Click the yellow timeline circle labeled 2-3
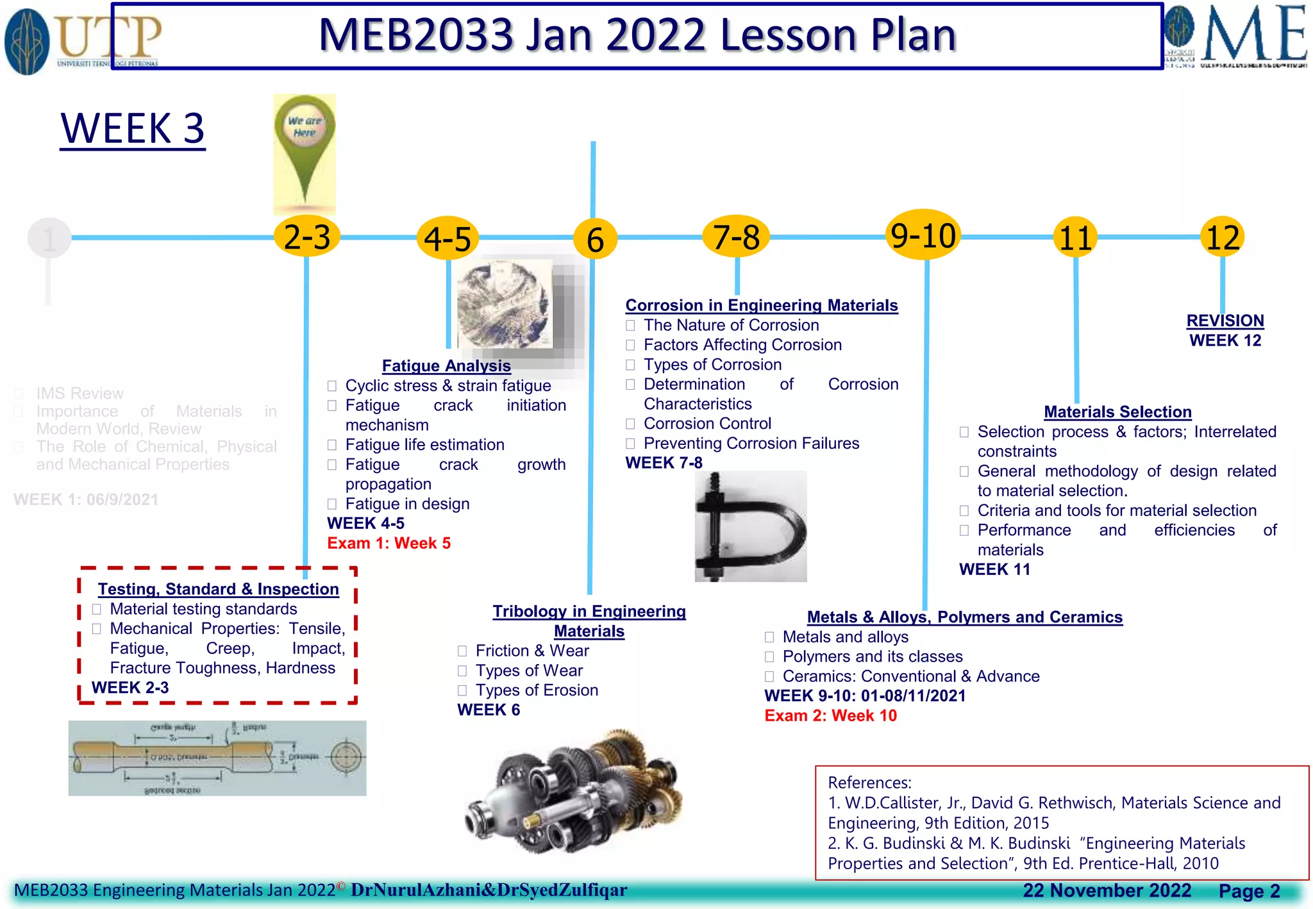[306, 237]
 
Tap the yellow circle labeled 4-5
[447, 239]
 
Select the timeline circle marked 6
[595, 239]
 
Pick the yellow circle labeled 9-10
[923, 235]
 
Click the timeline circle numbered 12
[1222, 237]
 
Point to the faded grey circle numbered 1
[49, 238]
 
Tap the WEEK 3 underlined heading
[132, 128]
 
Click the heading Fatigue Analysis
[446, 365]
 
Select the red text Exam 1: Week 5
[389, 543]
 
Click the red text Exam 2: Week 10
[830, 715]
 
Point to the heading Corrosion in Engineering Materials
[761, 305]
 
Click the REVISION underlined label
[1225, 321]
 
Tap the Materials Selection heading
[1117, 412]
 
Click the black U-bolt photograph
[750, 526]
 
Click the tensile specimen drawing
[217, 758]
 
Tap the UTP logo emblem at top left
[27, 42]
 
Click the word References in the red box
[869, 783]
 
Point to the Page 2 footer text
[1248, 891]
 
